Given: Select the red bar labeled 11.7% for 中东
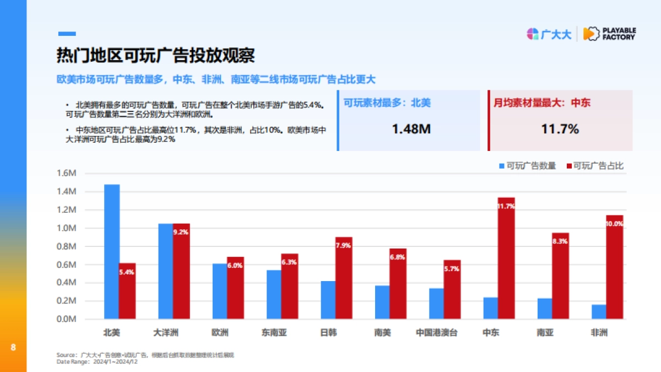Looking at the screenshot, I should (506, 259).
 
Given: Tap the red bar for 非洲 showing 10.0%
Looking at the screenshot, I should (614, 267).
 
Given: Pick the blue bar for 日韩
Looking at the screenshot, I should (328, 300).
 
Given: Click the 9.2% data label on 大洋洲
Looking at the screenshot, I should (181, 232).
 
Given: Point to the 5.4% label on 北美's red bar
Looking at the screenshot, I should (127, 272).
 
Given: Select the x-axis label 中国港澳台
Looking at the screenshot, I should (436, 333).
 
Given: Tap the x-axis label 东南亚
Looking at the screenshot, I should (274, 333).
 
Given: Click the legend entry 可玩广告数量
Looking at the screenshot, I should (527, 166).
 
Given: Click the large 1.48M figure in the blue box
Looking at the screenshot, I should (410, 129).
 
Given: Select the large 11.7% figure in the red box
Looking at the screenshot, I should (560, 129).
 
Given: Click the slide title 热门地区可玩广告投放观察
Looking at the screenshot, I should (156, 56).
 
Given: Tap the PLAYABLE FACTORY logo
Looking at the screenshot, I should (609, 34).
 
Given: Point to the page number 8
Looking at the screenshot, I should (13, 347).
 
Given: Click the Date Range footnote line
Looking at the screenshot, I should (96, 362).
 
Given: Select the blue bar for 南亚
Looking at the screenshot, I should (545, 309).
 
